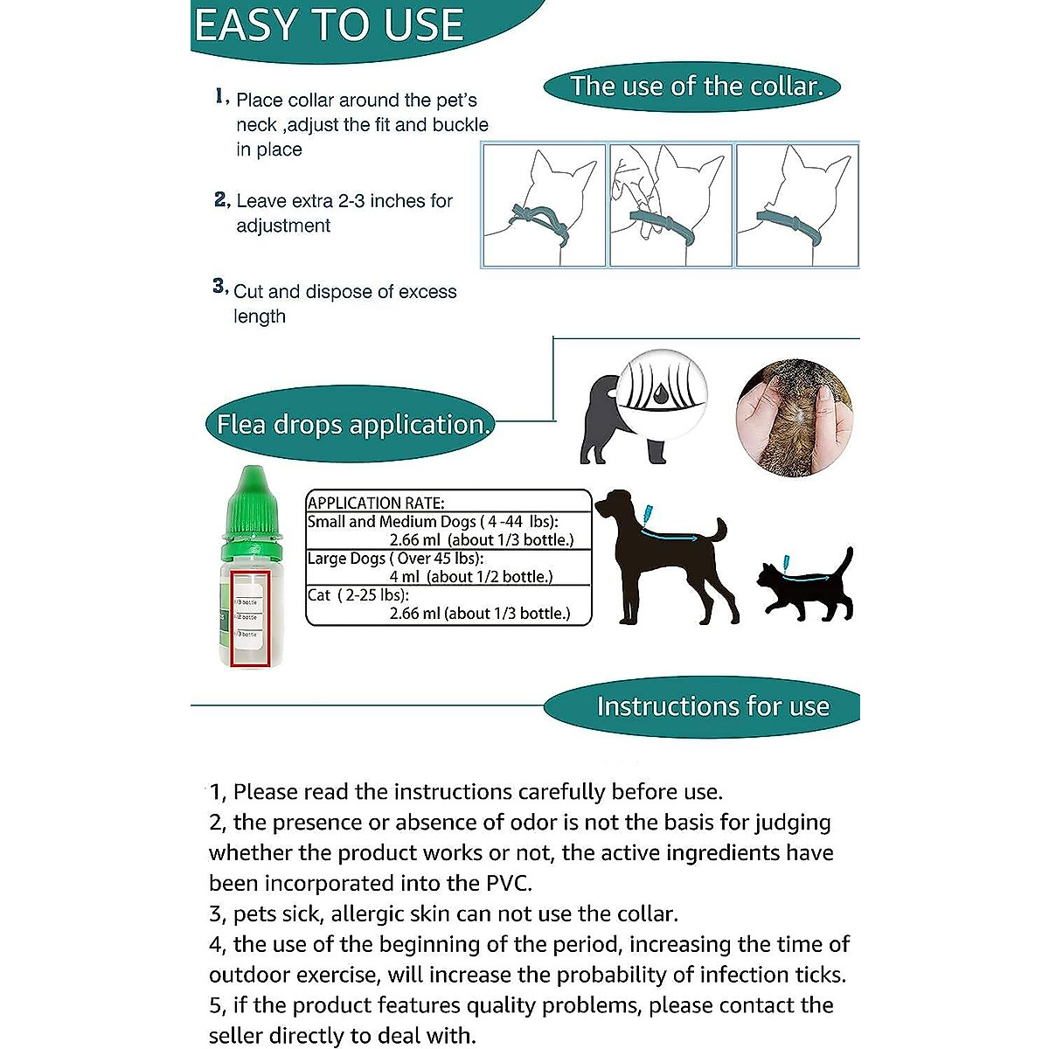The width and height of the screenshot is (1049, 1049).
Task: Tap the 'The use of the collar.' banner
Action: (x=696, y=87)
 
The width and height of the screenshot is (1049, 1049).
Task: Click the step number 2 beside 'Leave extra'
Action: (x=221, y=200)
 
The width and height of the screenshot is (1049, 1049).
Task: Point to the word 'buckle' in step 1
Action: (x=460, y=125)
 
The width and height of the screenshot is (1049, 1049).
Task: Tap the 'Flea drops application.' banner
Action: (x=353, y=425)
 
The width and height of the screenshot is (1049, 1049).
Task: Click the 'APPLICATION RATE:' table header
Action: (x=376, y=503)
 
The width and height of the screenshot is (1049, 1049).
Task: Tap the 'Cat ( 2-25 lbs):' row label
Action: (x=358, y=595)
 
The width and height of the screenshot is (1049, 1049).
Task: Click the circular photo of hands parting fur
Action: (x=794, y=418)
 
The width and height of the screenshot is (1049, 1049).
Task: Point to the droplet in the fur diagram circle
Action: (x=662, y=396)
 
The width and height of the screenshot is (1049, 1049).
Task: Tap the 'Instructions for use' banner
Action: (x=712, y=706)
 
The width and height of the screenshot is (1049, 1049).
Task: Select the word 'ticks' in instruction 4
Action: (x=819, y=976)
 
